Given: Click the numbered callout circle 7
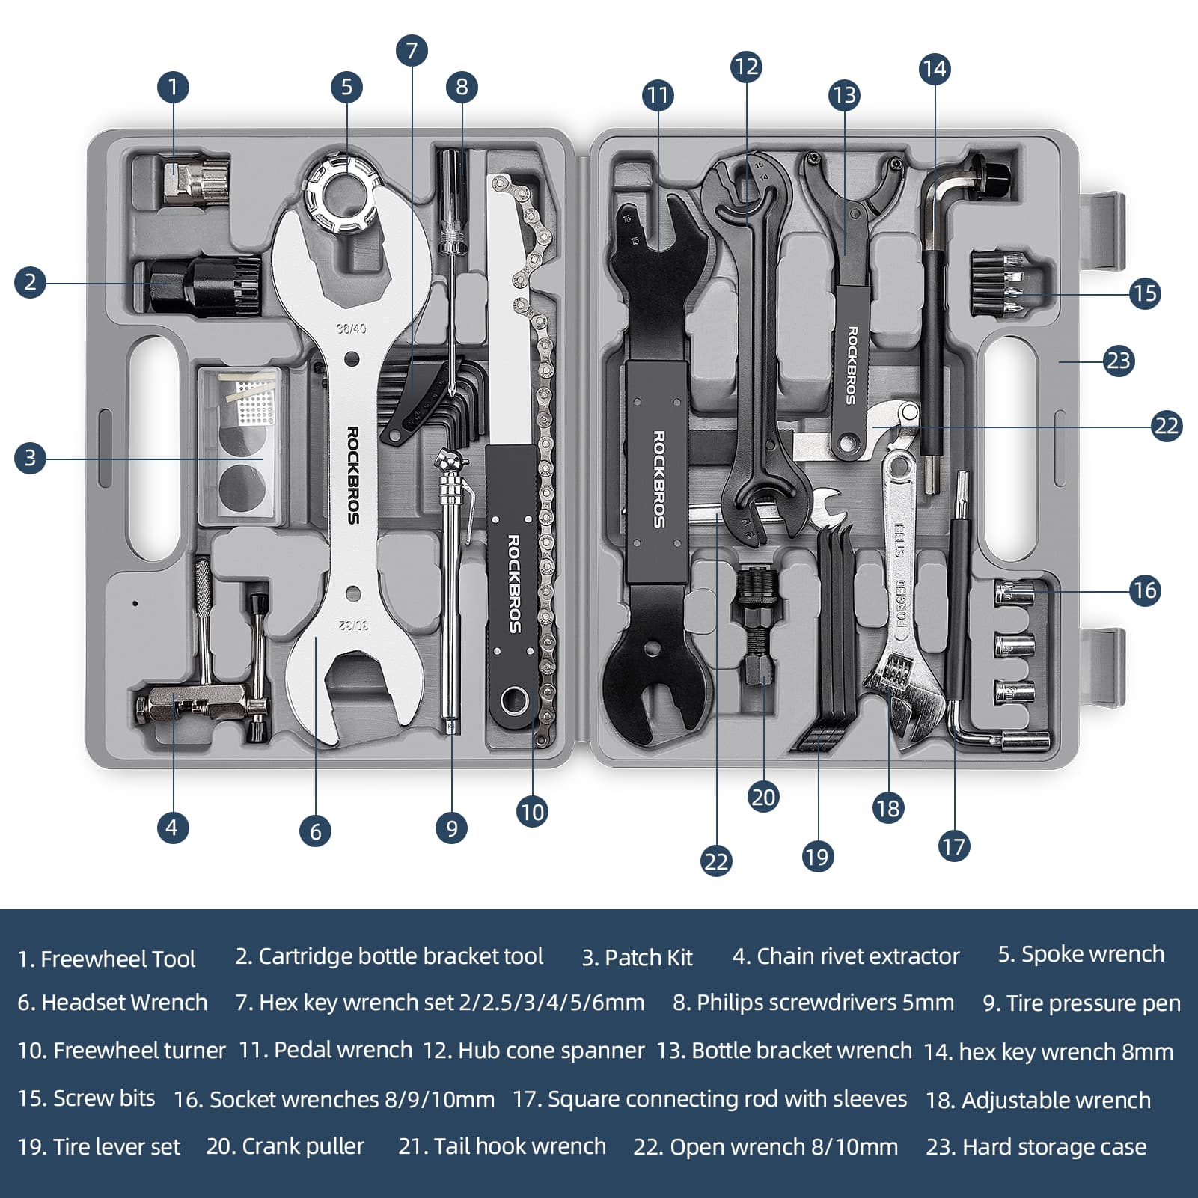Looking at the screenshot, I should (411, 51).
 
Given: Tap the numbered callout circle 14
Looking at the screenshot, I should (934, 69).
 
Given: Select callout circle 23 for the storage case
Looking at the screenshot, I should (1118, 361).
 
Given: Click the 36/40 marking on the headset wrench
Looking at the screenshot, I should (351, 328).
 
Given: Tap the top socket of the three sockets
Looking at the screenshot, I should (1014, 594).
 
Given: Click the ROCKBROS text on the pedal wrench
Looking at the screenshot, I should (658, 479).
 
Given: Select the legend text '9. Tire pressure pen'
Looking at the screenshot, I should (1081, 1003).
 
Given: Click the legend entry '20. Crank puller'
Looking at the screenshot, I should (285, 1146).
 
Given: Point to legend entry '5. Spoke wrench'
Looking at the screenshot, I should (1081, 954).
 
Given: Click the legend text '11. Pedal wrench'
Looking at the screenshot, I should (325, 1050).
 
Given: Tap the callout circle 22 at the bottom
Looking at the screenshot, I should (715, 861).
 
